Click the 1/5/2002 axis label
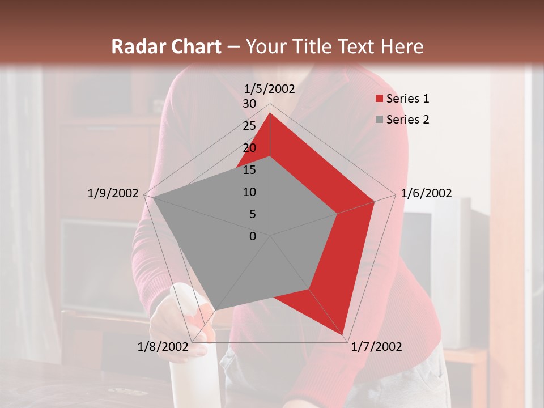270,88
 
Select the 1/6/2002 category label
426,193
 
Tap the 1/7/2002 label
376,347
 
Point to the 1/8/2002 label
163,347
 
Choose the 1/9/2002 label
113,193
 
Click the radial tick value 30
249,104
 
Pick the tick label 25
249,126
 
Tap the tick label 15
249,170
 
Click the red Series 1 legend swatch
379,99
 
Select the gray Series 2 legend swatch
379,120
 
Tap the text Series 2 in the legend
407,120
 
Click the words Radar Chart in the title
166,46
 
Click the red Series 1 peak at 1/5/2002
270,113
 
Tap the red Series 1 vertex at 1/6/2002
374,201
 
